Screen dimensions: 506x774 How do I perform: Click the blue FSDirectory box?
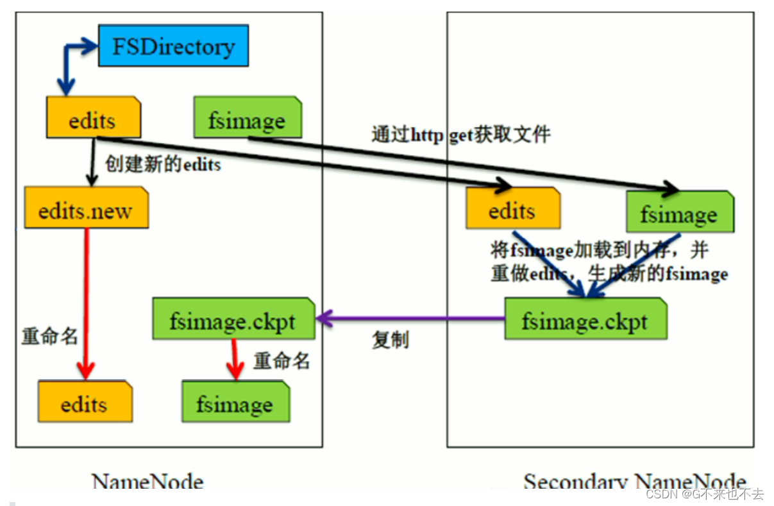coord(173,46)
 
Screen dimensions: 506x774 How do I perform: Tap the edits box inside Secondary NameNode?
coord(513,208)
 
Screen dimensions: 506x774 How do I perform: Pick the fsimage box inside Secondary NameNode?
coord(679,212)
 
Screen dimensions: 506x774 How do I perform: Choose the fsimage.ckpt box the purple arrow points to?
coord(233,319)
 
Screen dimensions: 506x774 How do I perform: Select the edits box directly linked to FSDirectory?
coord(93,118)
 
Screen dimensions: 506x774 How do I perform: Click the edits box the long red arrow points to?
coord(85,403)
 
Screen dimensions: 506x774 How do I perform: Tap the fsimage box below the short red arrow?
coord(235,403)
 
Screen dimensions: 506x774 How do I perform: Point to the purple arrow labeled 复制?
coord(410,317)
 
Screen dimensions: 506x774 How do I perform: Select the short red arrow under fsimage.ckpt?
coord(234,359)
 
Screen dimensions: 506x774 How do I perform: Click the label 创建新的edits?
coord(164,165)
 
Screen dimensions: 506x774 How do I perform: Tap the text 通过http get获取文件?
coord(460,135)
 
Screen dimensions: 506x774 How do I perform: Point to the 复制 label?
coord(390,340)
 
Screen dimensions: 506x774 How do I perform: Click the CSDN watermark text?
coord(704,494)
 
